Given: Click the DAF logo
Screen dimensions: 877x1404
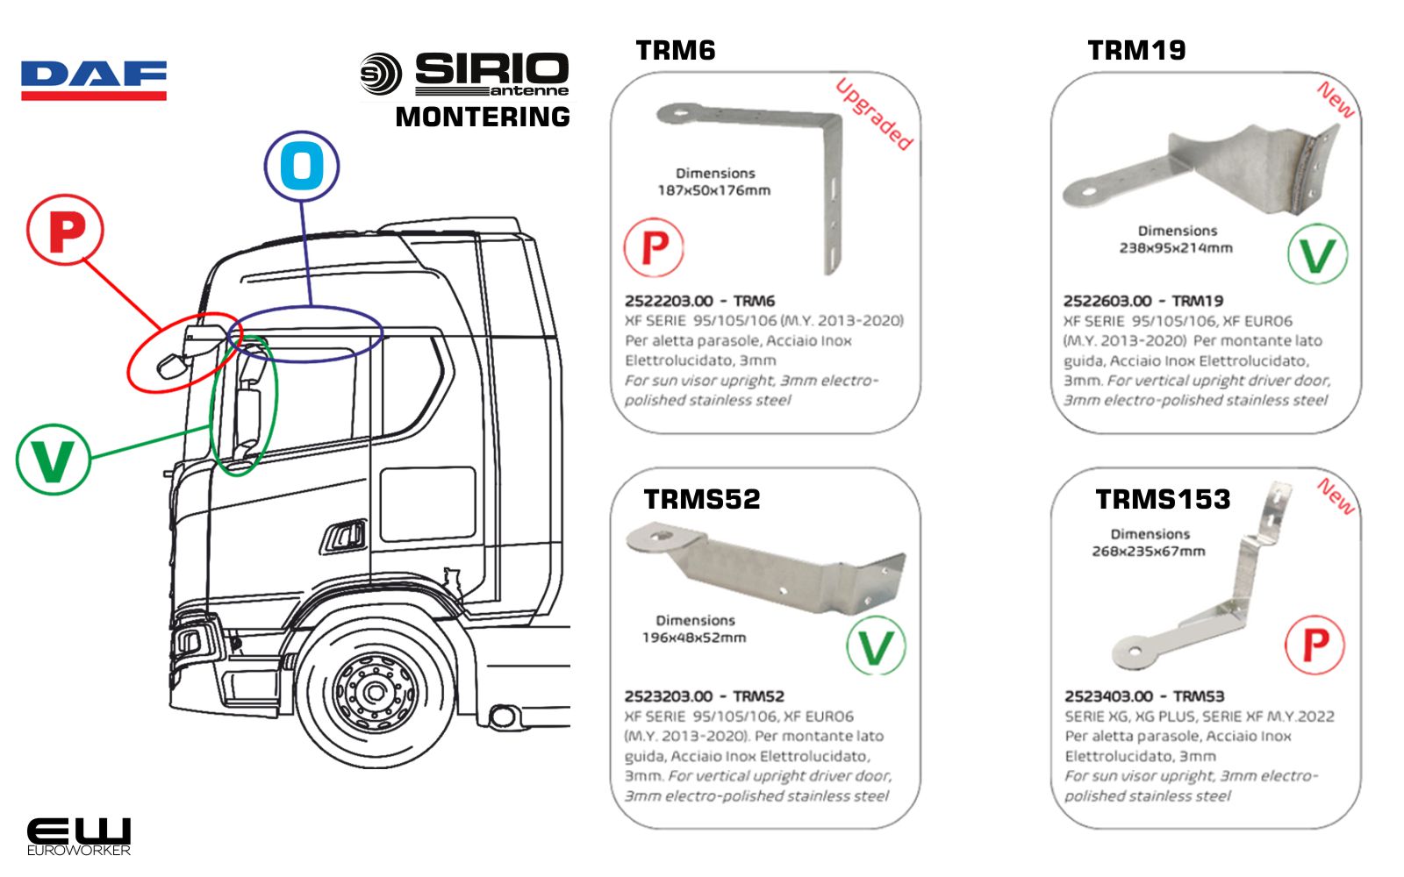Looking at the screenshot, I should (94, 80).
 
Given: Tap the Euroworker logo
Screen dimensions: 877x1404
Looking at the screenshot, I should (78, 836).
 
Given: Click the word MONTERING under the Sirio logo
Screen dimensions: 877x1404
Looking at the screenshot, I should (483, 117).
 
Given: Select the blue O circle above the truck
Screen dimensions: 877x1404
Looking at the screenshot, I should (302, 166).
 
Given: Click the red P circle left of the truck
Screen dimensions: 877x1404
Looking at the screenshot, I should (65, 231).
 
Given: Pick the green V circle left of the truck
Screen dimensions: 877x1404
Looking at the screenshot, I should (54, 459).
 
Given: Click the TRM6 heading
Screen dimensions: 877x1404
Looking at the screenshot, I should (676, 51).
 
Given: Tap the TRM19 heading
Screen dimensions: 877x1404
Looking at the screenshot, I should (1136, 51).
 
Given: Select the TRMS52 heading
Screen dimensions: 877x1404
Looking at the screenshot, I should (702, 499).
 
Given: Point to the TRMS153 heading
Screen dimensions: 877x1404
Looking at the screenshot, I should (1163, 499).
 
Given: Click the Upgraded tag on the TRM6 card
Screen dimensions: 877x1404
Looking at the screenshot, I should (874, 114).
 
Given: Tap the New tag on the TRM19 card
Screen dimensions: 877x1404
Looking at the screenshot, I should (1336, 100).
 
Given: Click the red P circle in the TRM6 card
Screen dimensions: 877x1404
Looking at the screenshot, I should (654, 248).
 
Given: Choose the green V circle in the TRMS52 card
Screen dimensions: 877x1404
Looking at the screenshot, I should (876, 646).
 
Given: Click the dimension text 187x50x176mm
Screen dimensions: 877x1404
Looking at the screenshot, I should (714, 190).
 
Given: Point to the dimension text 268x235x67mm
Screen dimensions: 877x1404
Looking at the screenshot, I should (1149, 552).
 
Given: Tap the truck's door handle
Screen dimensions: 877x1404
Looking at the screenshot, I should (346, 535).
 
